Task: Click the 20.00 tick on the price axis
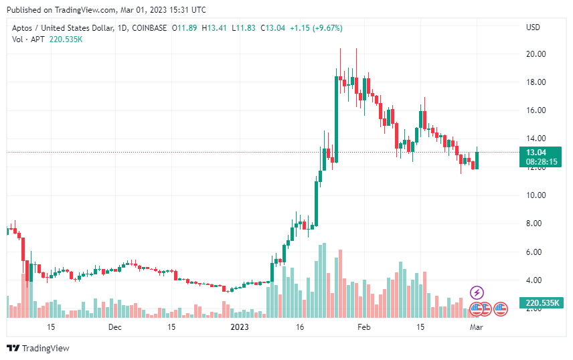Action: [x=536, y=54]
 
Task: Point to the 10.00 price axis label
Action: [x=536, y=195]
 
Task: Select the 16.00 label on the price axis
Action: [x=536, y=110]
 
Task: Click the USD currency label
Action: [x=534, y=27]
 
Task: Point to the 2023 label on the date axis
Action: [x=239, y=327]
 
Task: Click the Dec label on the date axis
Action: [x=114, y=327]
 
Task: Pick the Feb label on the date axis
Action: [x=363, y=327]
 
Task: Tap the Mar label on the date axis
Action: [x=476, y=327]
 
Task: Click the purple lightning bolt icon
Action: [x=477, y=292]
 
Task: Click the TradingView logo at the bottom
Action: [x=37, y=348]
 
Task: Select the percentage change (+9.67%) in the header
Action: [x=325, y=28]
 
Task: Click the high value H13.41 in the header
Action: [x=214, y=28]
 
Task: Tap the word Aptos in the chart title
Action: [x=23, y=28]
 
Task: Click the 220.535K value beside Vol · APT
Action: [x=66, y=39]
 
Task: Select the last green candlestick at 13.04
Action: [x=477, y=160]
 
